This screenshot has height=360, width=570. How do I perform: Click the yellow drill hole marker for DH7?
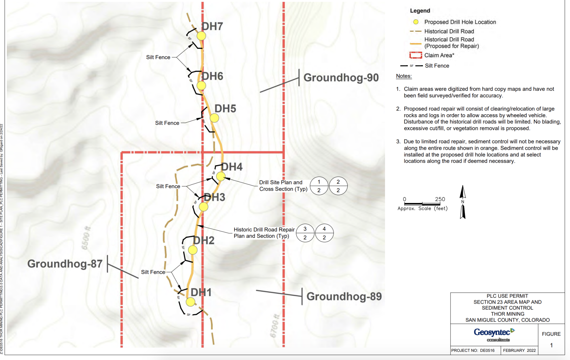(x=201, y=36)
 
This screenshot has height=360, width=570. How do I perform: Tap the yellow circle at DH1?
(x=190, y=302)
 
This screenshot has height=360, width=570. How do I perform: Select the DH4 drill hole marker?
(x=221, y=177)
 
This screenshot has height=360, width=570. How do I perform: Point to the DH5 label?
(x=225, y=109)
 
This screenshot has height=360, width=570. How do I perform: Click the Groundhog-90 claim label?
(x=341, y=78)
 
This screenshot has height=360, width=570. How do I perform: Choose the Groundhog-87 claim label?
(x=65, y=264)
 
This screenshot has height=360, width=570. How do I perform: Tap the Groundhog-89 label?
(x=344, y=296)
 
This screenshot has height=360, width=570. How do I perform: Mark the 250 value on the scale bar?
(x=440, y=199)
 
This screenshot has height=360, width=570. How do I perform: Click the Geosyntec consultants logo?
(x=494, y=334)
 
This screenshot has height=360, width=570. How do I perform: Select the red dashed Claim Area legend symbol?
(x=416, y=55)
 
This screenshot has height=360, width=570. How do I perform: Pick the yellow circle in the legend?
(x=416, y=22)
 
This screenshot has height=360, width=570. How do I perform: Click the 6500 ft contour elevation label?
(x=86, y=238)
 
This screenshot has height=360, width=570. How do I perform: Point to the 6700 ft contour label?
(x=275, y=326)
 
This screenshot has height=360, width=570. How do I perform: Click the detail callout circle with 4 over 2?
(x=324, y=233)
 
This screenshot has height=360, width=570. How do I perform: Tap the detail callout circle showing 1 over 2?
(x=319, y=186)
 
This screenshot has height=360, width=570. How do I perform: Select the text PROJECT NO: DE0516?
(x=473, y=350)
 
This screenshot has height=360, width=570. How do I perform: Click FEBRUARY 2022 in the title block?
(x=519, y=350)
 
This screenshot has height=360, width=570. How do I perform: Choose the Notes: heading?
(x=404, y=76)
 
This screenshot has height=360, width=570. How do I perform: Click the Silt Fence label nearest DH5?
(x=167, y=123)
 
